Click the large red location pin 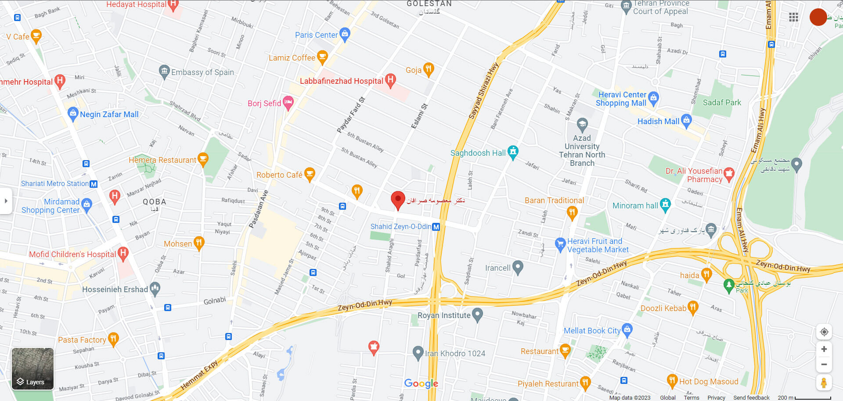pyautogui.click(x=398, y=200)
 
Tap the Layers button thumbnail pyautogui.click(x=32, y=369)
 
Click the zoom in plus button pyautogui.click(x=824, y=349)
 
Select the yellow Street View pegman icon pyautogui.click(x=824, y=383)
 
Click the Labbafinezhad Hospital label pyautogui.click(x=341, y=81)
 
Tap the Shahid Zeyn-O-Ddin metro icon pyautogui.click(x=436, y=227)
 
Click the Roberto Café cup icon pyautogui.click(x=310, y=174)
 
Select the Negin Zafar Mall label pyautogui.click(x=109, y=115)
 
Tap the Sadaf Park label pyautogui.click(x=722, y=103)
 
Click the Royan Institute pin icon pyautogui.click(x=477, y=314)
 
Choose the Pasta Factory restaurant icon pyautogui.click(x=113, y=339)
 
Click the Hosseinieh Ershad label pyautogui.click(x=115, y=290)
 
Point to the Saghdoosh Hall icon pyautogui.click(x=513, y=152)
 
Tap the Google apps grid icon pyautogui.click(x=793, y=17)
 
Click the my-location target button pyautogui.click(x=824, y=332)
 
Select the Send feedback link pyautogui.click(x=751, y=397)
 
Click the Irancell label pyautogui.click(x=497, y=268)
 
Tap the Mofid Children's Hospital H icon pyautogui.click(x=123, y=253)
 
